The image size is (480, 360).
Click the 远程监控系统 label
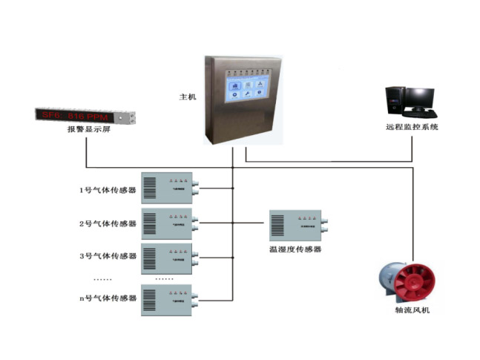click(x=412, y=128)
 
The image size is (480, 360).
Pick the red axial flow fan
click(x=405, y=281)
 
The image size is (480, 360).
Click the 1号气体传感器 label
click(x=108, y=190)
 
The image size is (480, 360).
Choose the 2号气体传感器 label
click(x=108, y=223)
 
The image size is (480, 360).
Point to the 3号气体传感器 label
click(x=108, y=256)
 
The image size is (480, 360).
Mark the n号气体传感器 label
click(x=108, y=298)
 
